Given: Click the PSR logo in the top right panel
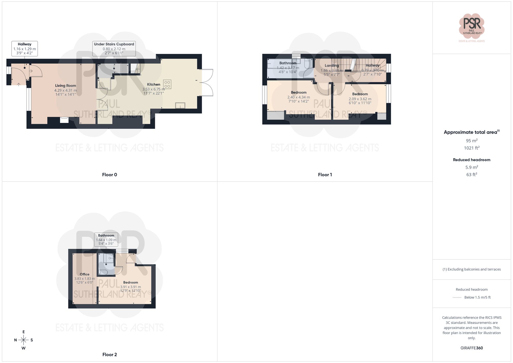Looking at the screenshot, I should [x=471, y=26].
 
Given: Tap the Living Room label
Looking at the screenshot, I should [x=65, y=86].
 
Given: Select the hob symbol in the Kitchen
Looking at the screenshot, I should [x=167, y=84].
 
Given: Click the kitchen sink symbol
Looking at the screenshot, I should [x=180, y=105].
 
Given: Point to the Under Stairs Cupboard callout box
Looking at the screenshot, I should [x=114, y=48].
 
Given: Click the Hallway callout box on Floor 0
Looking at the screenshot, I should [x=25, y=48].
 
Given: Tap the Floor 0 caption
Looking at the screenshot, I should [x=110, y=175].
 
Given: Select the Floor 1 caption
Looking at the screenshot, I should [x=325, y=175].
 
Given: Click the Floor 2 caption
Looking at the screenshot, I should [x=110, y=355].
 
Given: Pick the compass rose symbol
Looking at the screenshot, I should [x=23, y=340].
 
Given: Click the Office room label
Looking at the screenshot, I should [x=84, y=274].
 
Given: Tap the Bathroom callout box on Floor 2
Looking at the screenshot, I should [x=106, y=239].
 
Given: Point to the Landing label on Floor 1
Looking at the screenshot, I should [x=332, y=66].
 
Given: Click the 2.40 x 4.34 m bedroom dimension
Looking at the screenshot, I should [x=299, y=97].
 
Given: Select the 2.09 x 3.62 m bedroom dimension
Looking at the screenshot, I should [x=360, y=99].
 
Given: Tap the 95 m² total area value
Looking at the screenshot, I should [x=471, y=141].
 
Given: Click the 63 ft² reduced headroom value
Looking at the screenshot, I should [x=471, y=174].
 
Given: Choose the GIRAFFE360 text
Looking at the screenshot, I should [x=471, y=348].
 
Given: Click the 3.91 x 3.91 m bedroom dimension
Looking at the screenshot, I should [x=131, y=287].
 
